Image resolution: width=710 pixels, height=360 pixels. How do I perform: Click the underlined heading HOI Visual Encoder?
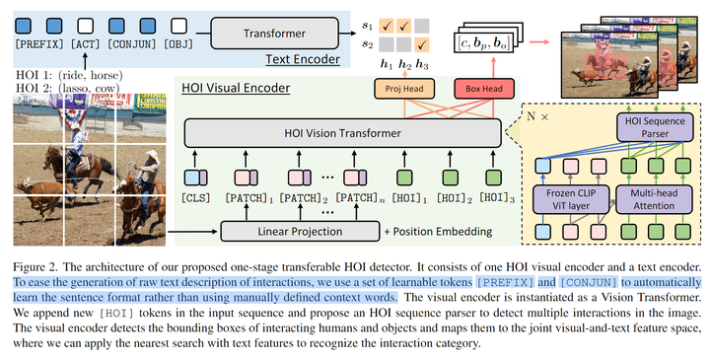click(x=236, y=89)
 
